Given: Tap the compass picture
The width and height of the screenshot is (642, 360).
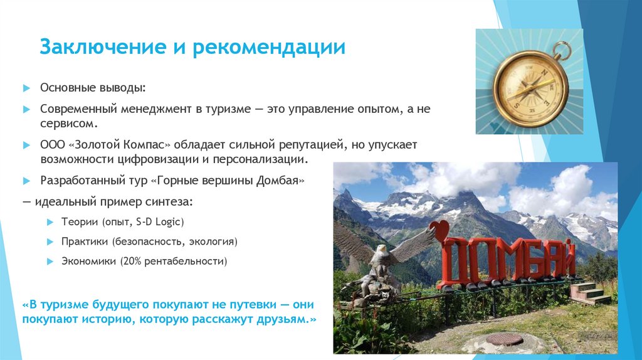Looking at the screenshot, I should [x=530, y=82].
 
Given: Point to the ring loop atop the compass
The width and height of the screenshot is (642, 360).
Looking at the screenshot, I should [x=562, y=49].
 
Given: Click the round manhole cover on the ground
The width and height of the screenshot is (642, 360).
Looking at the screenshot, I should [x=505, y=338].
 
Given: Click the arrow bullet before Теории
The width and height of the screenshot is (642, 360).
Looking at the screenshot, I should [x=50, y=222].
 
